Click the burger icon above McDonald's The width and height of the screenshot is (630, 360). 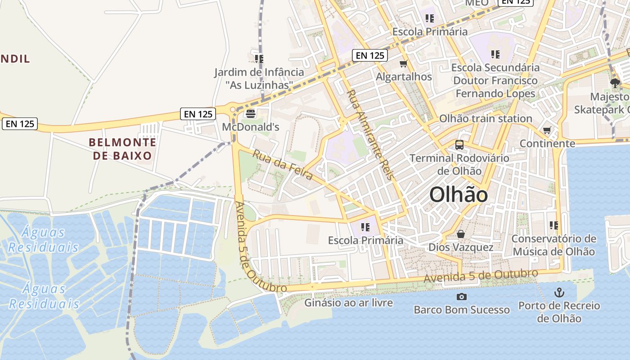click(x=250, y=113)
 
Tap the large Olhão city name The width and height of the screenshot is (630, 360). click(x=458, y=195)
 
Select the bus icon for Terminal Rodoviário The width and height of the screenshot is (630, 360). click(x=459, y=145)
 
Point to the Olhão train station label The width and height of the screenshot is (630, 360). click(x=486, y=119)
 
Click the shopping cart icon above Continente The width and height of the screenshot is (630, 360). click(x=547, y=130)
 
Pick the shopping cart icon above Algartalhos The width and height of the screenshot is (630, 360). click(x=404, y=64)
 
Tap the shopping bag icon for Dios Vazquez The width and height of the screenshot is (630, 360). click(x=461, y=234)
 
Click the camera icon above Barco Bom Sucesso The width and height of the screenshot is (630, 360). click(x=461, y=297)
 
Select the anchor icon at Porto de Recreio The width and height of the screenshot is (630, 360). click(x=559, y=292)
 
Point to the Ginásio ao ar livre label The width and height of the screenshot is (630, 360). click(x=348, y=303)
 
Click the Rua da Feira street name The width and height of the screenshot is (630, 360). click(x=283, y=165)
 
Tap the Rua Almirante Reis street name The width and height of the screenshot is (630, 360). click(x=370, y=134)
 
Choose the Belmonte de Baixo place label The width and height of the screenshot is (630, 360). click(x=122, y=149)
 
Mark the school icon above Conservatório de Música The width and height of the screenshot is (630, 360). click(x=553, y=225)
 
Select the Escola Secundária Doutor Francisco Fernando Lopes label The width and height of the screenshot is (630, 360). click(x=495, y=81)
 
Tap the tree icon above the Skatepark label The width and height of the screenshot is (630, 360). click(x=615, y=83)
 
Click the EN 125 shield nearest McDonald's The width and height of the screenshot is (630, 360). click(x=198, y=114)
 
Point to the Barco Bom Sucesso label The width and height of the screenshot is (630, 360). click(x=462, y=310)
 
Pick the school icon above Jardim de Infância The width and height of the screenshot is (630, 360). click(x=259, y=58)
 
